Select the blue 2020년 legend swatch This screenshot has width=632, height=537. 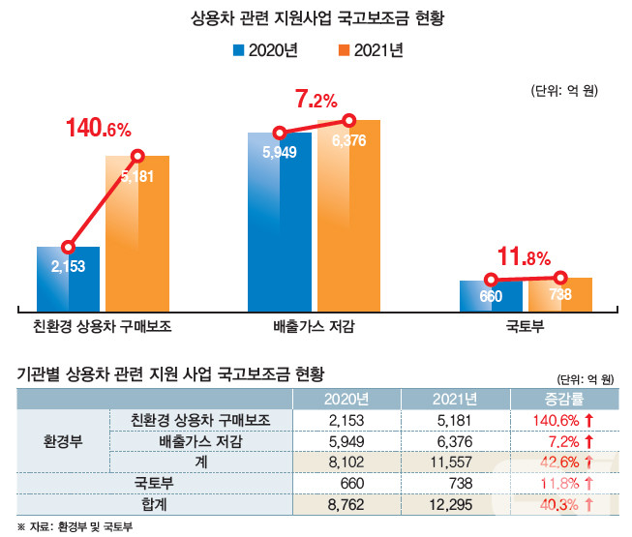[238, 49]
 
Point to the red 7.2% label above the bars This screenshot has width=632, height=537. [316, 99]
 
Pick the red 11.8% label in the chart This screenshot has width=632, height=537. [523, 257]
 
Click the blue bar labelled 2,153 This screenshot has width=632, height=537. [68, 276]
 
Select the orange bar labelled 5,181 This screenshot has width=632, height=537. [137, 232]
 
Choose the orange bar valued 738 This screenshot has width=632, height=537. [560, 294]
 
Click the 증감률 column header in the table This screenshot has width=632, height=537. [562, 399]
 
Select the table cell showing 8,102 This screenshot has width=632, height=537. [346, 462]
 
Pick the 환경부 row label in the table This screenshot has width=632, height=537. [64, 441]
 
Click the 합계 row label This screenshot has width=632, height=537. [202, 505]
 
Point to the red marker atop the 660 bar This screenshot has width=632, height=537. [491, 281]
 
